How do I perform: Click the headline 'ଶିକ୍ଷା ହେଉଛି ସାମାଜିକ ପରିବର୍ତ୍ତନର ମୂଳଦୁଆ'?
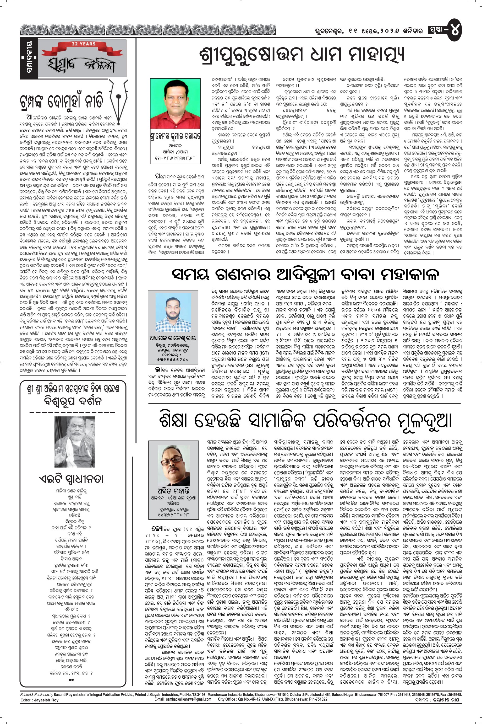pyautogui.click(x=305, y=420)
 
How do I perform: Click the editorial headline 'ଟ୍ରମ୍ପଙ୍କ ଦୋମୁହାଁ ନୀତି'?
pyautogui.click(x=61, y=102)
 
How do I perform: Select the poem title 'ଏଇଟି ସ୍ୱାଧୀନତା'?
pyautogui.click(x=71, y=479)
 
